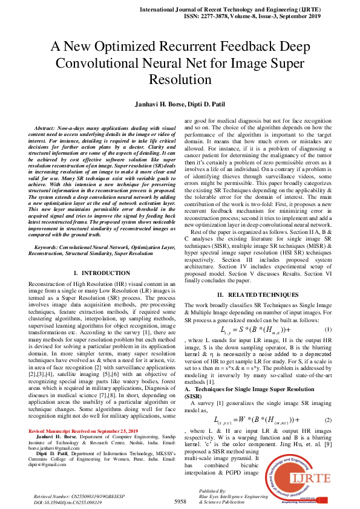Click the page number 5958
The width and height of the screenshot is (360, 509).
(180, 501)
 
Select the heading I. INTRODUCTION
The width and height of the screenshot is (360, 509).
(97, 274)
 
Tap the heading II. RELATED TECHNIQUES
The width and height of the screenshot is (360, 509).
(257, 294)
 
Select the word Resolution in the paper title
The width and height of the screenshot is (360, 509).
(180, 79)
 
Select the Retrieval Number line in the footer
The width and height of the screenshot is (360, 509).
(71, 496)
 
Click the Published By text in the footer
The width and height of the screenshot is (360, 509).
(213, 491)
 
